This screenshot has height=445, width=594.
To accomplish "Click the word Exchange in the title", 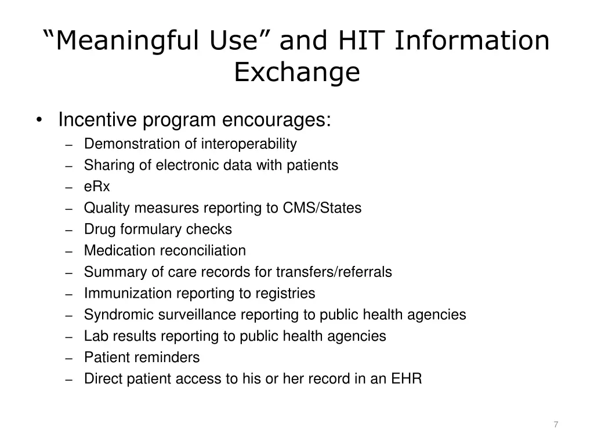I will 297,72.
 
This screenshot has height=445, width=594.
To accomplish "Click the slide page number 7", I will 556,425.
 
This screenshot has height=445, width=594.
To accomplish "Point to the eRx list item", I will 97,187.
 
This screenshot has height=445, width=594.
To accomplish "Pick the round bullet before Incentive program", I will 39,121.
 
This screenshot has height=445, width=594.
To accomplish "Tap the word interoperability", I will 249,144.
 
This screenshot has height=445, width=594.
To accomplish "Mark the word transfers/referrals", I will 334,272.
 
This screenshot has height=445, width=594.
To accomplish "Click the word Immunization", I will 120,294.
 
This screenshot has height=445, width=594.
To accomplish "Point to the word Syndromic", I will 114,315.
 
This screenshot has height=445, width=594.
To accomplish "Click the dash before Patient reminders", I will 68,358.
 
